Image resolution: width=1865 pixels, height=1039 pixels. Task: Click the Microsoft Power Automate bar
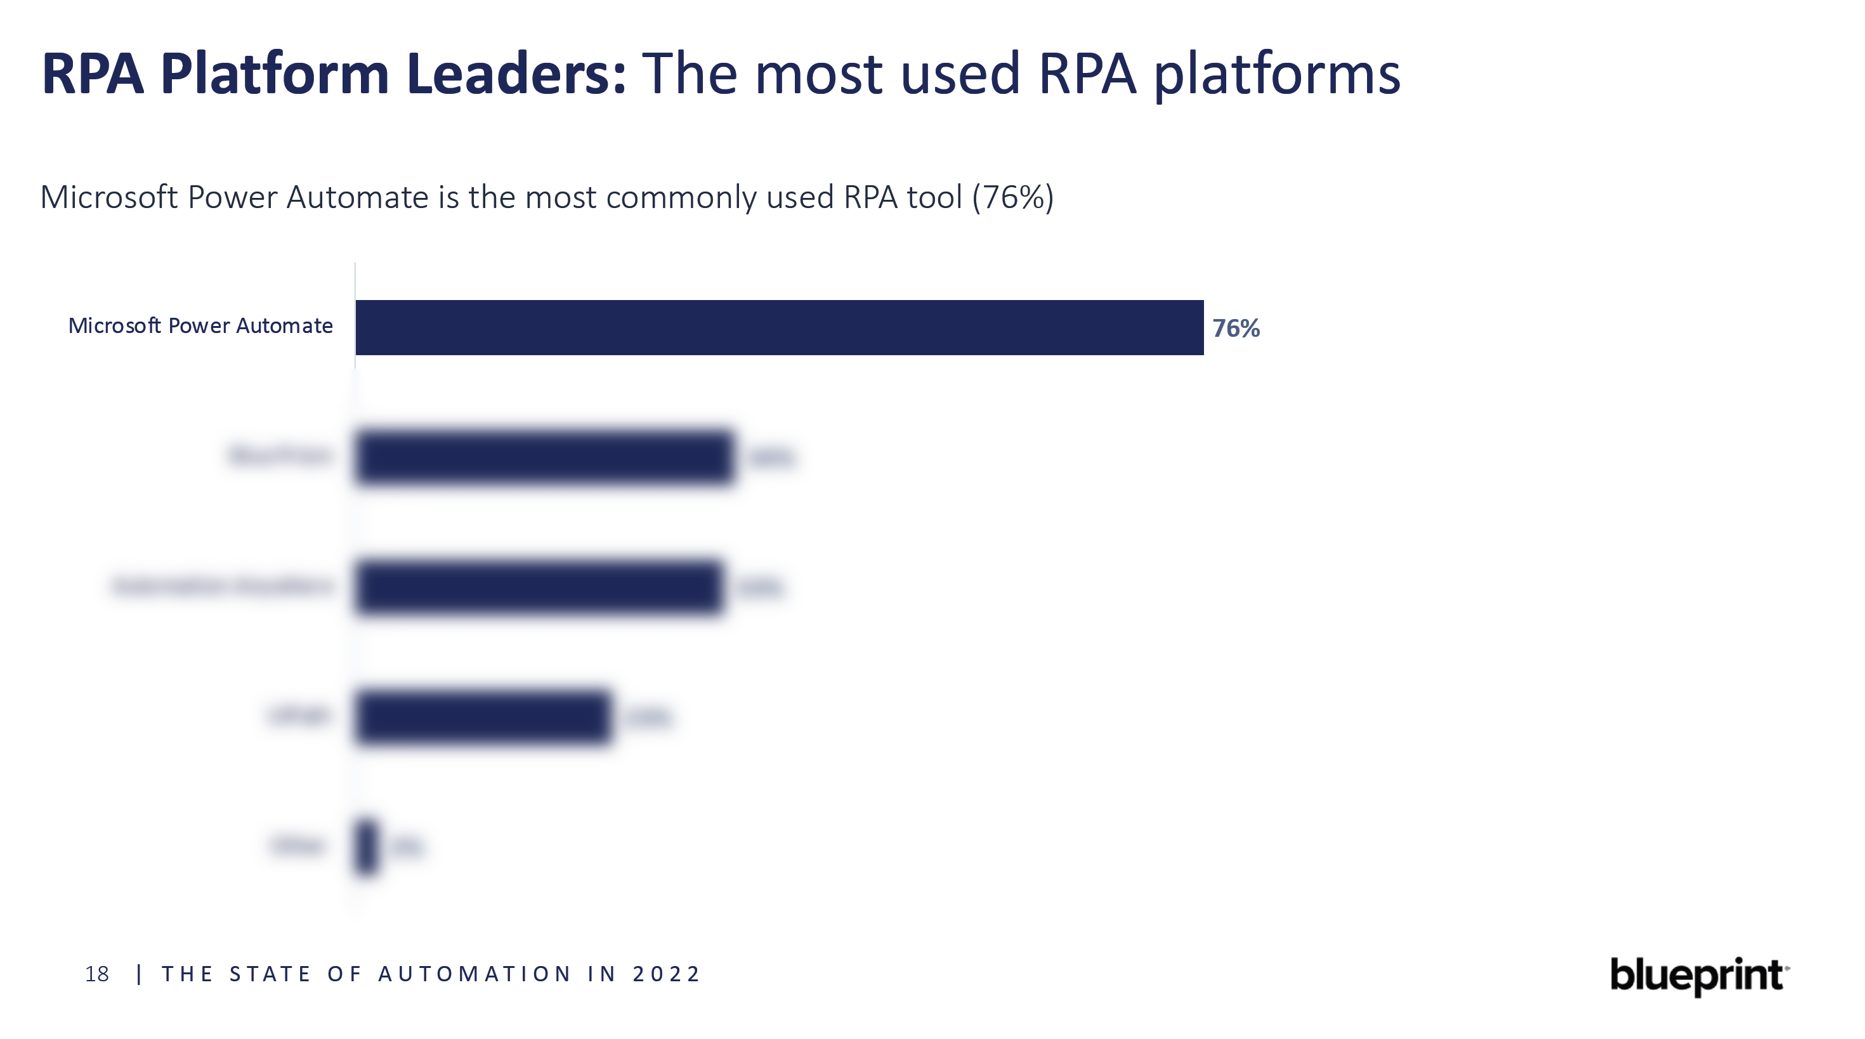779,327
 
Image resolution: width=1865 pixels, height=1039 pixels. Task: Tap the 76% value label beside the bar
1236,329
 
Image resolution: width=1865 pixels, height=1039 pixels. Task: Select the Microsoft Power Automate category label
200,326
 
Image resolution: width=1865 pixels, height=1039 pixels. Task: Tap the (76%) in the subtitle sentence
1013,197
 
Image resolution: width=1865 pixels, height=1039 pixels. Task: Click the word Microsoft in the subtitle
108,197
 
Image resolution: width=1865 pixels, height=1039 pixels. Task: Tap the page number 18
97,974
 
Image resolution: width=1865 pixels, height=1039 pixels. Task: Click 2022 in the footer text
666,974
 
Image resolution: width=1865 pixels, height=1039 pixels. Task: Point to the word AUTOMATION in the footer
476,974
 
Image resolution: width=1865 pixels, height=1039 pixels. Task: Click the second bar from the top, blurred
544,457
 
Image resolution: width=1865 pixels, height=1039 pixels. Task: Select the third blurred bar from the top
539,587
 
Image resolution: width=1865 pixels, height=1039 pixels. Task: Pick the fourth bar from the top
483,717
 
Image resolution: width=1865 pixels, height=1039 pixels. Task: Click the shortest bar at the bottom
367,846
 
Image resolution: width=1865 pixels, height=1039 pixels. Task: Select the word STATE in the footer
270,974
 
